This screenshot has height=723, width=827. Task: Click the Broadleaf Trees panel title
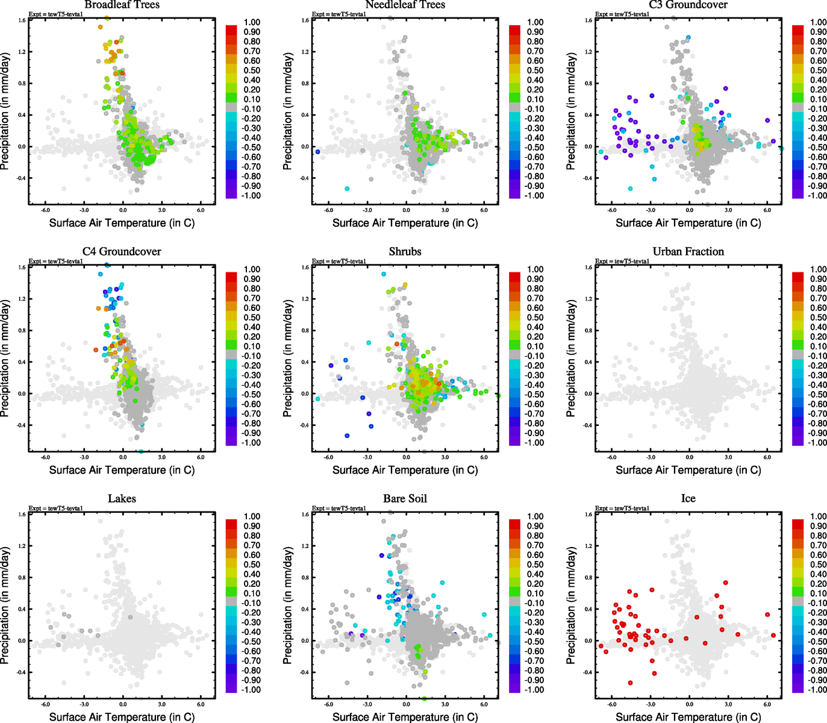tap(122, 5)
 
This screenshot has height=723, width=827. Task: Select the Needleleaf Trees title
tap(405, 5)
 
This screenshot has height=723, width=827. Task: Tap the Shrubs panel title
tap(405, 252)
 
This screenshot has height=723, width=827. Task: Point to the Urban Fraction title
tap(688, 252)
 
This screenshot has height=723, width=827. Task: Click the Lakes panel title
tap(122, 499)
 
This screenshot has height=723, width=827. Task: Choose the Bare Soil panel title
tap(405, 499)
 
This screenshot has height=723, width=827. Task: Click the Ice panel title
tap(688, 499)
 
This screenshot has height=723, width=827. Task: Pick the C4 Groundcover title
tap(122, 252)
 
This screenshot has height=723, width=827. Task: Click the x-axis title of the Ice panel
tap(688, 717)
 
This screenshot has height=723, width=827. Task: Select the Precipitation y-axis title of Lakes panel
tap(5, 606)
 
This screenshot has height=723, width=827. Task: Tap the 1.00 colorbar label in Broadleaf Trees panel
tap(252, 22)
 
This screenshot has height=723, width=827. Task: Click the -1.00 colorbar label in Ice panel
tap(817, 690)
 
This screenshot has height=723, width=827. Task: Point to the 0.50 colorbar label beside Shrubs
tap(535, 318)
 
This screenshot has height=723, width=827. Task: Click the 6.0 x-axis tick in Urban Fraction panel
tap(767, 457)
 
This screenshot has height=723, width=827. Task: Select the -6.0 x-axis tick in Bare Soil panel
tap(328, 704)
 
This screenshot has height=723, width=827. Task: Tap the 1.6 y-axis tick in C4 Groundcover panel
tap(22, 268)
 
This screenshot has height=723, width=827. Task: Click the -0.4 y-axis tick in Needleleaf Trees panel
tap(304, 178)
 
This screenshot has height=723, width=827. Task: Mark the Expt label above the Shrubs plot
tap(339, 261)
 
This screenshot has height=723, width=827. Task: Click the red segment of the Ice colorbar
tap(797, 524)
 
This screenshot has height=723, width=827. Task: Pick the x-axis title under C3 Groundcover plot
tap(688, 223)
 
